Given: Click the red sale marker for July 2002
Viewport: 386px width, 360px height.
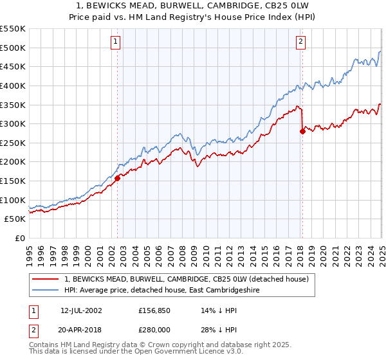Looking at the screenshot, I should point(118,179).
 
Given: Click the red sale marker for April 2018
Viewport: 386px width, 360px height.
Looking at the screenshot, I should point(302,131).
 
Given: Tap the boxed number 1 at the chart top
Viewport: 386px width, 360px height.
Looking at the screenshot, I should point(116,42).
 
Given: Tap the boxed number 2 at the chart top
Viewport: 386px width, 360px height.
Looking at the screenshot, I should point(300,42).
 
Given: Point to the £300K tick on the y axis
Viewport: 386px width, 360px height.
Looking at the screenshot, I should point(14,123).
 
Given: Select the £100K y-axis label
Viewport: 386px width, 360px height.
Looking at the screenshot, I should point(14,200).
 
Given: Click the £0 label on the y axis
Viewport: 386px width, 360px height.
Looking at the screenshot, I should point(19,238).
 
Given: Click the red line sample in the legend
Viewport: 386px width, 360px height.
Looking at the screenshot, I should point(46,279).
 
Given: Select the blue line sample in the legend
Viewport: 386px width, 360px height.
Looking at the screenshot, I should point(46,290).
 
